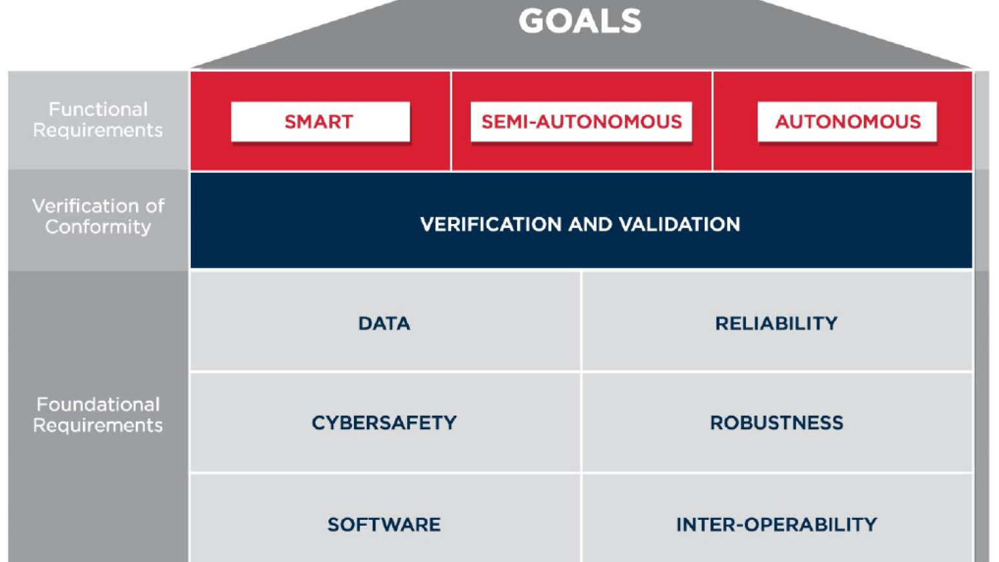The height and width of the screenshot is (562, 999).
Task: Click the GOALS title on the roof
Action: click(580, 21)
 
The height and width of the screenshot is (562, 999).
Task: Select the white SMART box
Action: click(320, 122)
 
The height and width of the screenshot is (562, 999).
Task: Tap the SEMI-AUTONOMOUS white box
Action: click(581, 122)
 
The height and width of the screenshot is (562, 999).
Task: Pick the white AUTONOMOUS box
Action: click(847, 122)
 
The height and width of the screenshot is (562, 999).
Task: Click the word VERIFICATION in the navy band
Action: click(491, 225)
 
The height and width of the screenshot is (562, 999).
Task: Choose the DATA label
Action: click(384, 323)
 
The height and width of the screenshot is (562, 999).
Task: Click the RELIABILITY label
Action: click(776, 323)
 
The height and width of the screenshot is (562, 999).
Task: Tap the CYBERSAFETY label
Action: click(384, 423)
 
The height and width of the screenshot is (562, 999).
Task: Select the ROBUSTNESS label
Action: click(776, 423)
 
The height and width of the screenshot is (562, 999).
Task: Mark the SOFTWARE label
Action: click(384, 524)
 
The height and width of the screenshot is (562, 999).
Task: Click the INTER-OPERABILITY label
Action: click(776, 524)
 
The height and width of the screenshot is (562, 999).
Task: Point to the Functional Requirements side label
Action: click(98, 120)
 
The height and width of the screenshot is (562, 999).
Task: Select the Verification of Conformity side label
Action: click(98, 216)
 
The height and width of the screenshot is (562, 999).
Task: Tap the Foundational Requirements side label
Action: click(98, 414)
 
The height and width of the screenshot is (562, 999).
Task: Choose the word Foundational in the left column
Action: click(98, 405)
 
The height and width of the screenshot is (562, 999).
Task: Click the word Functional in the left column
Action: click(98, 109)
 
